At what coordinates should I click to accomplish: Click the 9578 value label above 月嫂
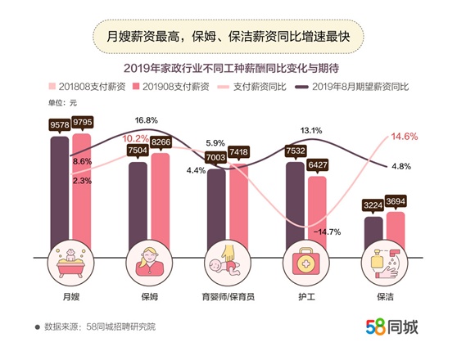pos(60,124)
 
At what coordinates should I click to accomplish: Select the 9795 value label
pos(83,124)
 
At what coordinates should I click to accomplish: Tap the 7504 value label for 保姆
pos(138,150)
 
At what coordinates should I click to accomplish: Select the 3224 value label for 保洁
pos(373,206)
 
